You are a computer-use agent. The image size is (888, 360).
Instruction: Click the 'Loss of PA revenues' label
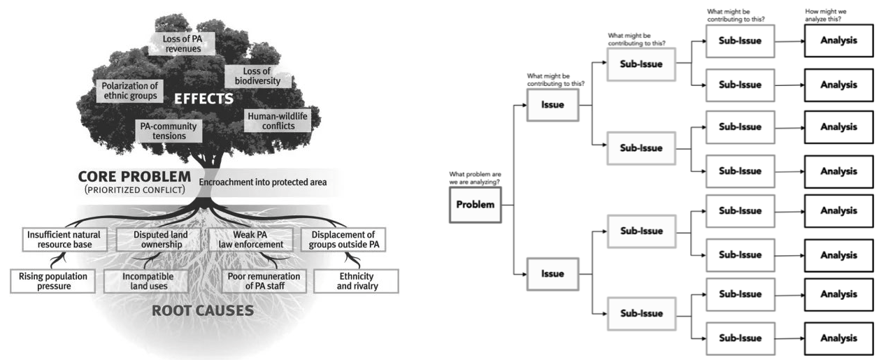pos(182,43)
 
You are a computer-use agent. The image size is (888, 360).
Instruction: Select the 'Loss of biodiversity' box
pos(258,76)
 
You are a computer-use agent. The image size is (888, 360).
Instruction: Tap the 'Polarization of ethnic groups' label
pos(129,91)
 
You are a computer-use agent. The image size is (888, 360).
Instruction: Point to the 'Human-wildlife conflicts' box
pos(278,121)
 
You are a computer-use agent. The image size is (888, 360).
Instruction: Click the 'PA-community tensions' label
pos(169,131)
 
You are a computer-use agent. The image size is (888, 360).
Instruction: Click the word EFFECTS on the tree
pos(203,99)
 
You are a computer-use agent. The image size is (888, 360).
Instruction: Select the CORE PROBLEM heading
pos(134,176)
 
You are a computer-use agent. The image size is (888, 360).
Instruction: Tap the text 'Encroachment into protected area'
pos(263,182)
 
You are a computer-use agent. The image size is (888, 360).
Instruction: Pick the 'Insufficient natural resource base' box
pos(64,240)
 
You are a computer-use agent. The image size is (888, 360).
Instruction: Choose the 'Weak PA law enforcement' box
pos(251,240)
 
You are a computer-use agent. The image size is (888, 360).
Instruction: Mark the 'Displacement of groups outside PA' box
pos(343,240)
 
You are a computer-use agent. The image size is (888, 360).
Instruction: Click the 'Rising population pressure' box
pos(52,281)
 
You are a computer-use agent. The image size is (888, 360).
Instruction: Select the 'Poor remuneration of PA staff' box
pos(264,281)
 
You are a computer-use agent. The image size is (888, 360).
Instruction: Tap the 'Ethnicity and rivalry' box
pos(357,281)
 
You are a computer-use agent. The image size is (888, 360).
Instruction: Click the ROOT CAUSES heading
pos(203,311)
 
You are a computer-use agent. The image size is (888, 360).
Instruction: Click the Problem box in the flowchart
pos(475,205)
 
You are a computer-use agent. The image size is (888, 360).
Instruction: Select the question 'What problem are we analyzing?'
pos(475,178)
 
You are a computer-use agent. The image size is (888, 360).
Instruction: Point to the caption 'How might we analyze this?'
pos(825,15)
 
